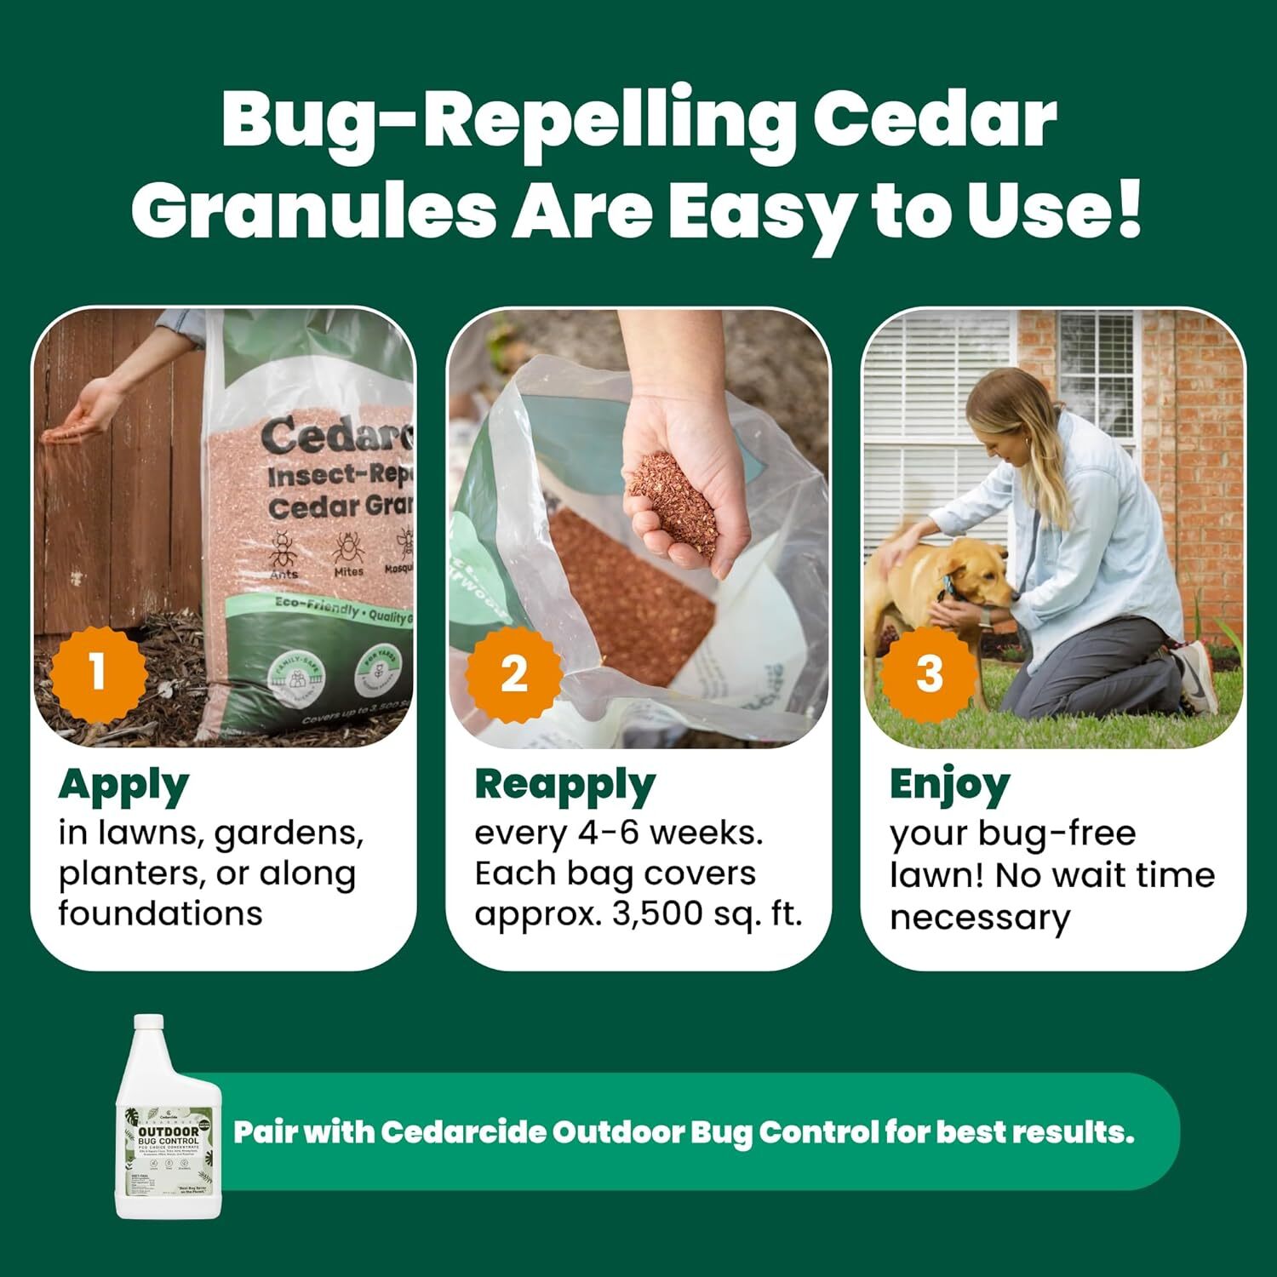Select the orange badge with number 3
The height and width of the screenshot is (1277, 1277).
pos(929,673)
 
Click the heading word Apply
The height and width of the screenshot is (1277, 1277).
pos(123,786)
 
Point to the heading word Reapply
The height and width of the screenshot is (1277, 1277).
pos(564,786)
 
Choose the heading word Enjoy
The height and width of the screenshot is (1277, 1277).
pos(949,786)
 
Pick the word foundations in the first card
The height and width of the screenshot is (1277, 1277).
pos(160,914)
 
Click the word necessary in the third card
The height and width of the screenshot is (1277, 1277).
pos(980,918)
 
